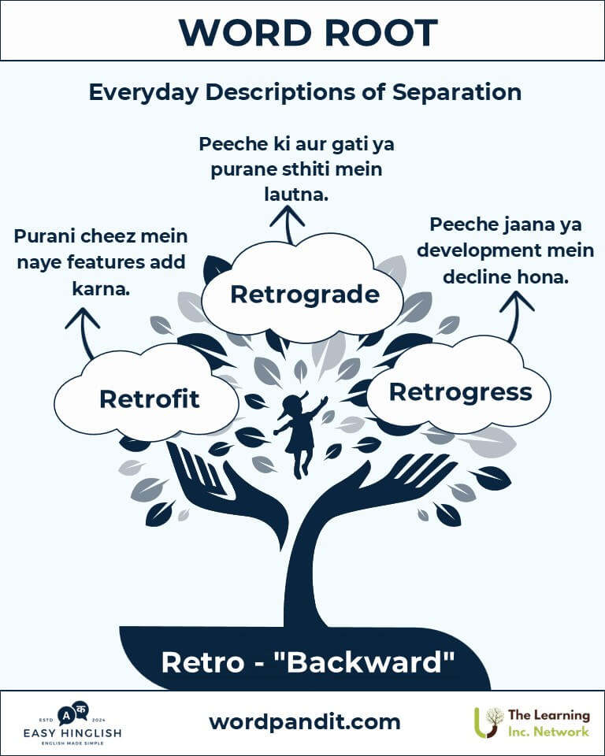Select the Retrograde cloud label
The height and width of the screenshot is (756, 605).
pos(305,294)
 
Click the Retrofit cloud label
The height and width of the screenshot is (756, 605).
pos(149,398)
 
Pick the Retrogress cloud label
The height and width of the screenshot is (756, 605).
pos(461,392)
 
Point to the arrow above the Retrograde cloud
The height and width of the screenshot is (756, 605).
pos(288,224)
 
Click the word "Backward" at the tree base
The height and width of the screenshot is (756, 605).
pos(364,662)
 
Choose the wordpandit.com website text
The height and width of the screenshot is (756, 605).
pos(305,722)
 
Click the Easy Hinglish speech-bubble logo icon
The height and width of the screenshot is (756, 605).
pos(72,713)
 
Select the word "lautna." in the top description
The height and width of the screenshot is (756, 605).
pos(296,195)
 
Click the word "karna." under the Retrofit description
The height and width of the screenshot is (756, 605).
pos(101,289)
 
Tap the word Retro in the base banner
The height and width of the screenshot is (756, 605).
pos(202,662)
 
